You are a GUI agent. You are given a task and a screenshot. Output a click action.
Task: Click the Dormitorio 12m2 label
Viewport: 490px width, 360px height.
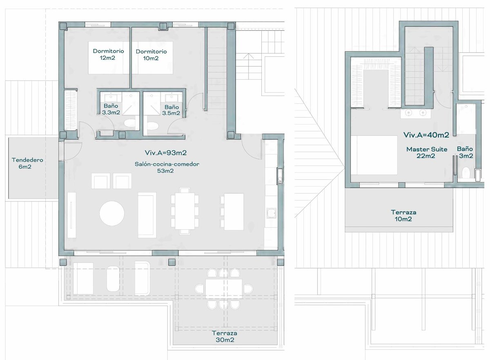108,54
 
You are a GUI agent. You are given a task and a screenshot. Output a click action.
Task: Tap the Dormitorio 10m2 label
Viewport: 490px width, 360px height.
151,55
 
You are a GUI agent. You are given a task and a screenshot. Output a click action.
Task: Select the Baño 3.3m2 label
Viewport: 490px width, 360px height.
111,109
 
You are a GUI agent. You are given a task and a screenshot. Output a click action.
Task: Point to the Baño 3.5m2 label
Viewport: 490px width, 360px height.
171,110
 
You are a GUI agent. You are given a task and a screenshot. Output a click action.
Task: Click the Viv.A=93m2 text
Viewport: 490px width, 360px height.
166,152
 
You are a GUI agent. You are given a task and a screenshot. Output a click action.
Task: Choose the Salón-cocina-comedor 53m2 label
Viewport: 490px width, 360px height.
167,167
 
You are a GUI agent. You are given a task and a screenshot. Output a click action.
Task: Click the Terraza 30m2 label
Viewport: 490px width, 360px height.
225,336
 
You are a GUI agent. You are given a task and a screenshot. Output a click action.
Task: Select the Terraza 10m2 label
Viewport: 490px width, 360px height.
403,216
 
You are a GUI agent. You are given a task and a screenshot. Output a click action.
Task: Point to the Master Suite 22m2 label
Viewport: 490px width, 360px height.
427,152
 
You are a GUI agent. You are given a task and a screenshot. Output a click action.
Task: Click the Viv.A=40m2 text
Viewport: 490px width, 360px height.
426,134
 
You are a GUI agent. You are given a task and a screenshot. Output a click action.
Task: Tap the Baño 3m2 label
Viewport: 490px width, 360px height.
465,152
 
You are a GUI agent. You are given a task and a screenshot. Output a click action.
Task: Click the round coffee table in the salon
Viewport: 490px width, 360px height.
112,213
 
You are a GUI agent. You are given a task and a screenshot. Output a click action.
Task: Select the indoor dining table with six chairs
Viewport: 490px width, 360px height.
185,211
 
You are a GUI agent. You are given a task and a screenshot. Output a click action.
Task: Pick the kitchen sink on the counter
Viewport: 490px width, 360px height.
271,213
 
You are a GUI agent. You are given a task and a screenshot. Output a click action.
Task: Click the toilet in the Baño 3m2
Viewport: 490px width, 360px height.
466,173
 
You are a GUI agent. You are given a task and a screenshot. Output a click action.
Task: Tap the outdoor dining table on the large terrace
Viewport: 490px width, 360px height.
224,288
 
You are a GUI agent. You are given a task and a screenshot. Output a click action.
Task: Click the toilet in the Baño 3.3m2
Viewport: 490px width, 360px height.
130,123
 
